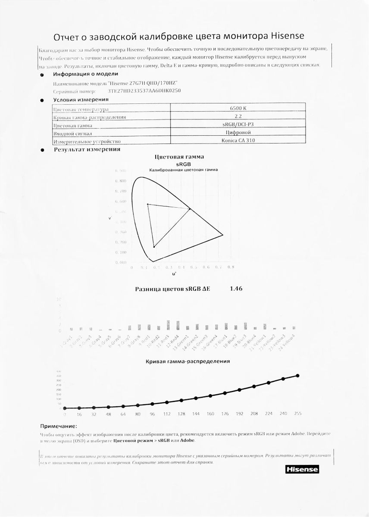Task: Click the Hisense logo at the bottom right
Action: tap(301, 469)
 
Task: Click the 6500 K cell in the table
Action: tap(238, 108)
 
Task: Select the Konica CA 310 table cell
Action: tap(238, 141)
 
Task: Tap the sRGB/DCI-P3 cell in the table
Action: tap(238, 125)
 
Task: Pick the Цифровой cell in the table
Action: tap(238, 133)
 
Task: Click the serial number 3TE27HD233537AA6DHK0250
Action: tap(144, 91)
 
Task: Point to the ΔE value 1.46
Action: tap(236, 289)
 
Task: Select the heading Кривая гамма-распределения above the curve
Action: tap(188, 361)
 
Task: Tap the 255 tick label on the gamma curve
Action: tap(297, 414)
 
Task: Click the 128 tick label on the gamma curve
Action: tap(181, 414)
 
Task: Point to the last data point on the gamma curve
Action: tap(297, 376)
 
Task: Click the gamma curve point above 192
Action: tap(239, 390)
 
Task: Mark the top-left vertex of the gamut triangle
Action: tap(148, 204)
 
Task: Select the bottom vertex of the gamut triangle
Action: tap(154, 246)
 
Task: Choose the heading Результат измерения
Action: tap(87, 149)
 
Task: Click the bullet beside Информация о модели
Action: tap(41, 75)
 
